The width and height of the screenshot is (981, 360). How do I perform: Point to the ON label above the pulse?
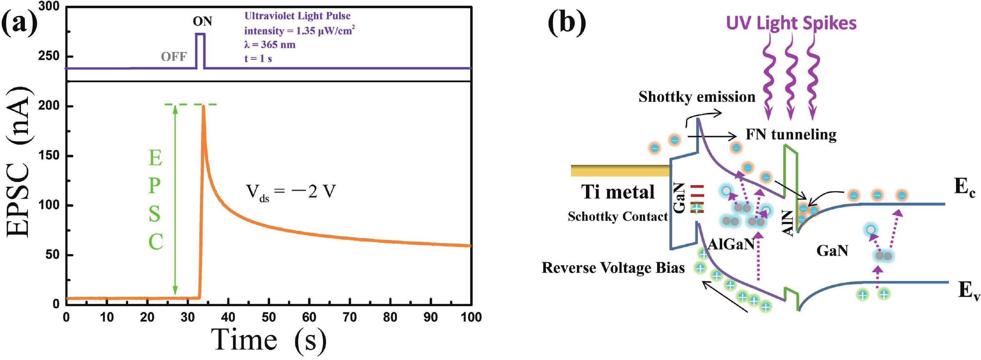pyautogui.click(x=202, y=22)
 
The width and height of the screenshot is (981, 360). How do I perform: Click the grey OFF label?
pyautogui.click(x=174, y=57)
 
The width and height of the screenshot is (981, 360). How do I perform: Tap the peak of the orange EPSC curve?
pyautogui.click(x=203, y=106)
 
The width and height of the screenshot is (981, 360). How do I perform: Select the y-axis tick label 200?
pyautogui.click(x=49, y=106)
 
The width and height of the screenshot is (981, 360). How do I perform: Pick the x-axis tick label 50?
pyautogui.click(x=268, y=317)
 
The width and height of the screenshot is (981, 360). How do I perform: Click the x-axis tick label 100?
pyautogui.click(x=471, y=317)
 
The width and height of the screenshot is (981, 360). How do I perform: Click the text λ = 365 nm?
pyautogui.click(x=269, y=45)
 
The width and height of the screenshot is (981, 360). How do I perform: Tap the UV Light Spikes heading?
pyautogui.click(x=791, y=23)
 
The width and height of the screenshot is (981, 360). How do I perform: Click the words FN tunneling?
pyautogui.click(x=791, y=135)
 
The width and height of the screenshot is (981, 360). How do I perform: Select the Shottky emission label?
pyautogui.click(x=697, y=97)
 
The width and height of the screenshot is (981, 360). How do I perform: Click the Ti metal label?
pyautogui.click(x=618, y=192)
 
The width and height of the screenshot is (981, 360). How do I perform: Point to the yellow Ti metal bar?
pyautogui.click(x=620, y=171)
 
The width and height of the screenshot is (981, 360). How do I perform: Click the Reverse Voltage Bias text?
pyautogui.click(x=613, y=268)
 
